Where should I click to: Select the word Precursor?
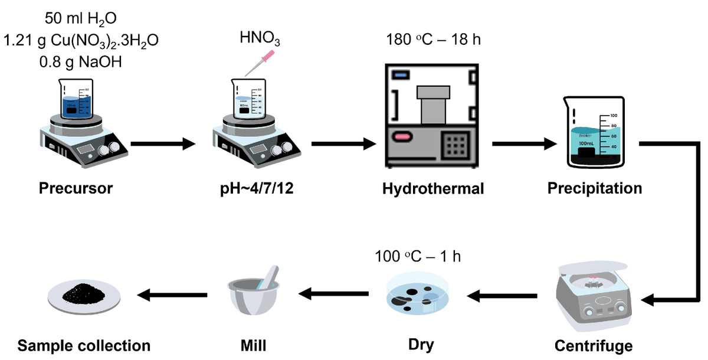pos(76,189)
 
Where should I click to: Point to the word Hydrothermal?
pos(433,189)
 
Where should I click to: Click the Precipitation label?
pos(594,189)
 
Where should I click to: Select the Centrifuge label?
pos(594,345)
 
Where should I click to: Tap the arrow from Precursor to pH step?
pos(163,143)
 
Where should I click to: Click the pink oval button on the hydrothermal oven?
pos(404,137)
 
